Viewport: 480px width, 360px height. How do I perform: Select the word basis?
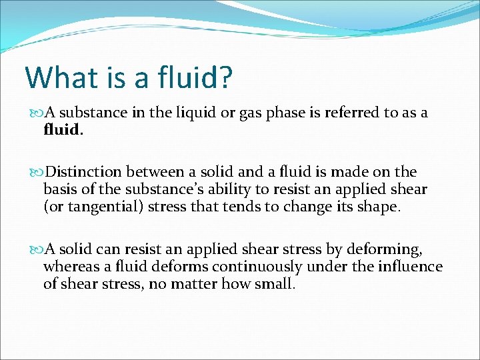click(x=60, y=190)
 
